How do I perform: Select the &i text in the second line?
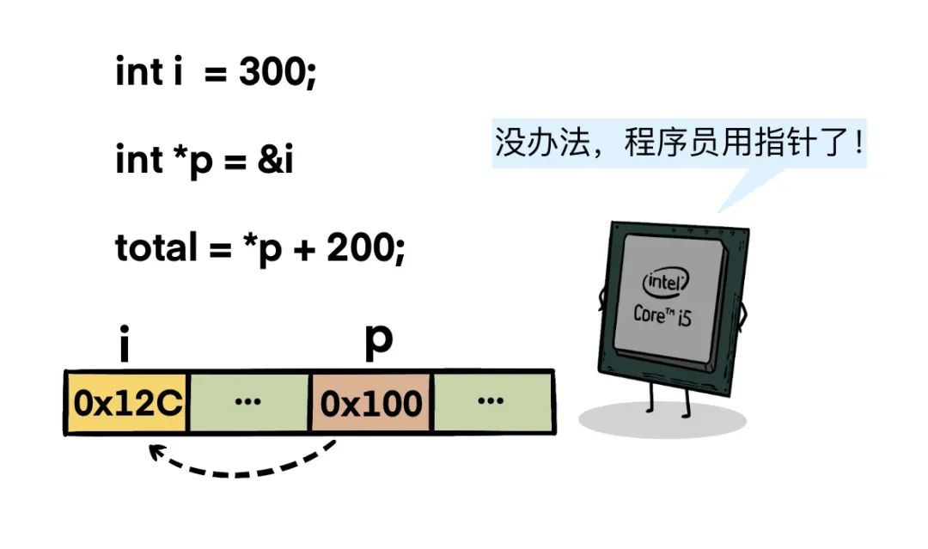[275, 161]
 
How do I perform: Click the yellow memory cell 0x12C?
[127, 402]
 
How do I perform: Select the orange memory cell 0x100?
[371, 402]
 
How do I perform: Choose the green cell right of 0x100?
[491, 402]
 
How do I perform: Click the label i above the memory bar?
[125, 345]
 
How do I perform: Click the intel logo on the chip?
[668, 283]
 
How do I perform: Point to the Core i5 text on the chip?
[662, 315]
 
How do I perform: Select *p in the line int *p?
[187, 161]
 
